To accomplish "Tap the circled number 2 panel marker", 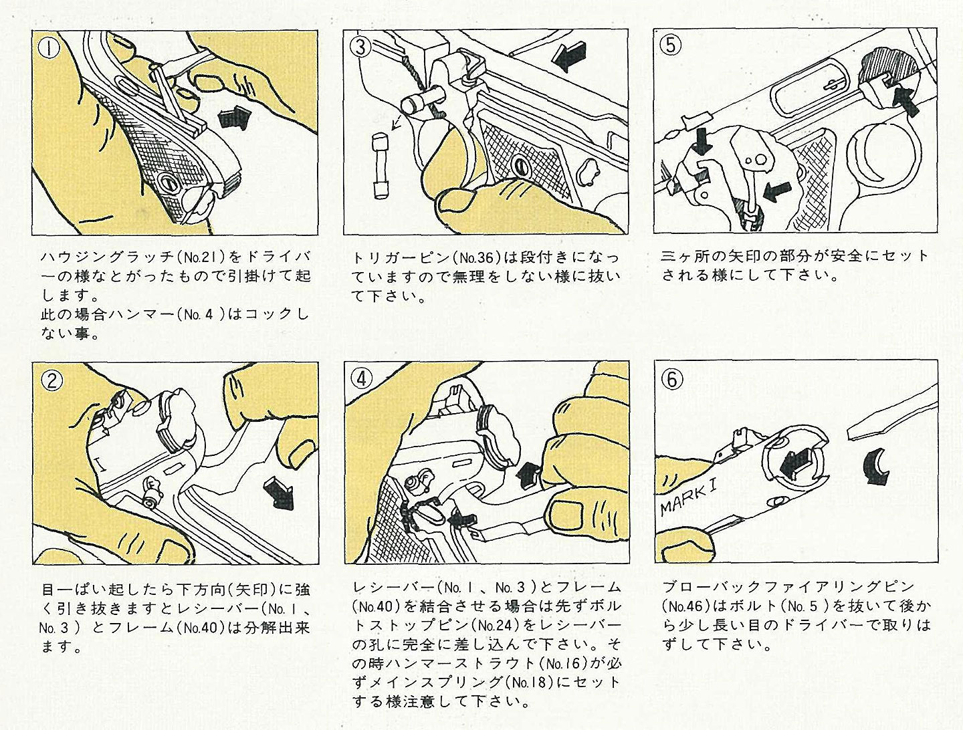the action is point(51,380).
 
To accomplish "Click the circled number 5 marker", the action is point(670,45).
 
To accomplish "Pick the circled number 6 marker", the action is point(671,379).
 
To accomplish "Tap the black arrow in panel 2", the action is point(279,493).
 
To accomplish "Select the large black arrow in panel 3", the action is point(569,55).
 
